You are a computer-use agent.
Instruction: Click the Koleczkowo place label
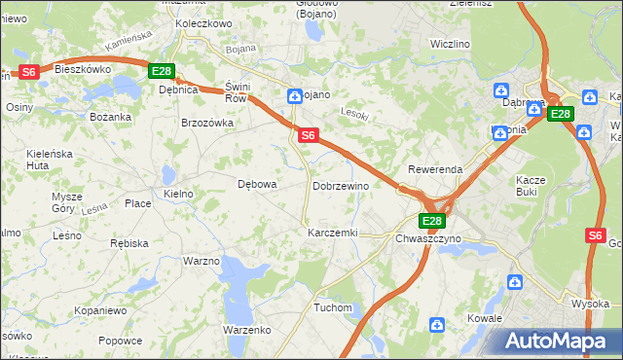202,23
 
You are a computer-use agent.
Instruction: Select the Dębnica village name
178,89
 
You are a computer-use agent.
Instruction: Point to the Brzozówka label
207,123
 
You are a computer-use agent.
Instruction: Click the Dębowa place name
258,183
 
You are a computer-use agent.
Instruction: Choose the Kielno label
179,195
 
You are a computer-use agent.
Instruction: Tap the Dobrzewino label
340,185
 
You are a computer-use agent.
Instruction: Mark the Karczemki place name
333,234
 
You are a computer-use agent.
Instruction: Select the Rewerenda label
435,168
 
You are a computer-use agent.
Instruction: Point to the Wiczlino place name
451,45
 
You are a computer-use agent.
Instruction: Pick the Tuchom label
333,307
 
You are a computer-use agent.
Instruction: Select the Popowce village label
121,341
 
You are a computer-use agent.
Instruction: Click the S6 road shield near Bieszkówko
28,72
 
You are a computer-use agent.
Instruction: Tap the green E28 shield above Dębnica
162,71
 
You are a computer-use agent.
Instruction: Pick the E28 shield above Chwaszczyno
432,221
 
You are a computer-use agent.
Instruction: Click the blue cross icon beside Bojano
294,95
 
